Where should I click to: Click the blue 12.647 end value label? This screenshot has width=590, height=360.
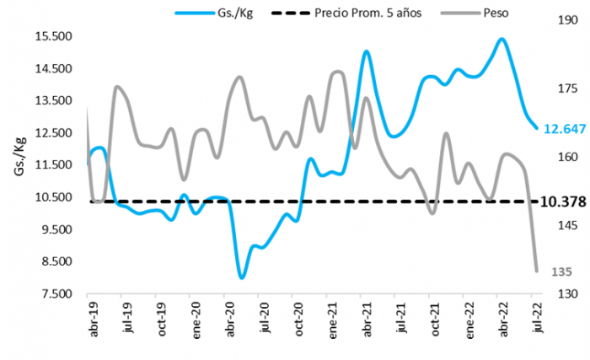[564, 129]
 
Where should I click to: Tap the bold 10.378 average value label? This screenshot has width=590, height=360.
[564, 201]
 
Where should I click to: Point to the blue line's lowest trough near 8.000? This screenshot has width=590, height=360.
[242, 277]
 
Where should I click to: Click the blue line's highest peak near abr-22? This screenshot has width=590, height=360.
[501, 39]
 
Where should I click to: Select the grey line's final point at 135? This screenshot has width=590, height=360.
[537, 271]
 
